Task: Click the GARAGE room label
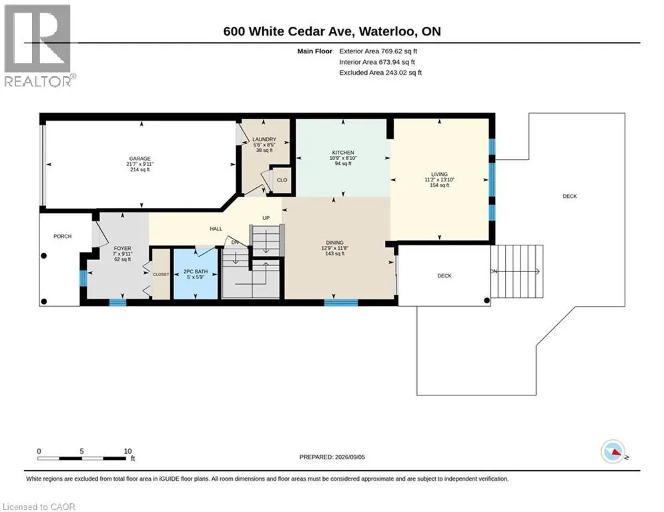point(139,159)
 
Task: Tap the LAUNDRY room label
point(264,139)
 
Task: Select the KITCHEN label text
point(343,152)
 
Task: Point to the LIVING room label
point(440,174)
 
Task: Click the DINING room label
point(334,243)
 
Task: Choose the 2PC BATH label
point(196,271)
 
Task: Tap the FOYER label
point(122,249)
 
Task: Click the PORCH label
point(62,236)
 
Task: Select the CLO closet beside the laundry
point(282,180)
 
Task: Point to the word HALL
point(216,229)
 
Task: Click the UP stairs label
point(266,218)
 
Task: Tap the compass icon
point(613,452)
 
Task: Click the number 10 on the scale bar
point(128,451)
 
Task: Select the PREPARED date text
point(332,457)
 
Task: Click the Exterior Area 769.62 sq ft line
point(378,51)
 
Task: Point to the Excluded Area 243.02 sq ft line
point(380,73)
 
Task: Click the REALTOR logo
point(38,46)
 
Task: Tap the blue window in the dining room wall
point(341,303)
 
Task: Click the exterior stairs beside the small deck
point(517,271)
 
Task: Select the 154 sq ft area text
point(440,185)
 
